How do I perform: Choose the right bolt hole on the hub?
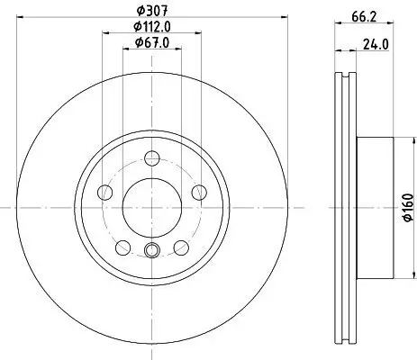pyautogui.click(x=196, y=191)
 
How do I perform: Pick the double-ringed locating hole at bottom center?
pyautogui.click(x=151, y=251)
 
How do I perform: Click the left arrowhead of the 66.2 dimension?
pyautogui.click(x=337, y=26)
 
